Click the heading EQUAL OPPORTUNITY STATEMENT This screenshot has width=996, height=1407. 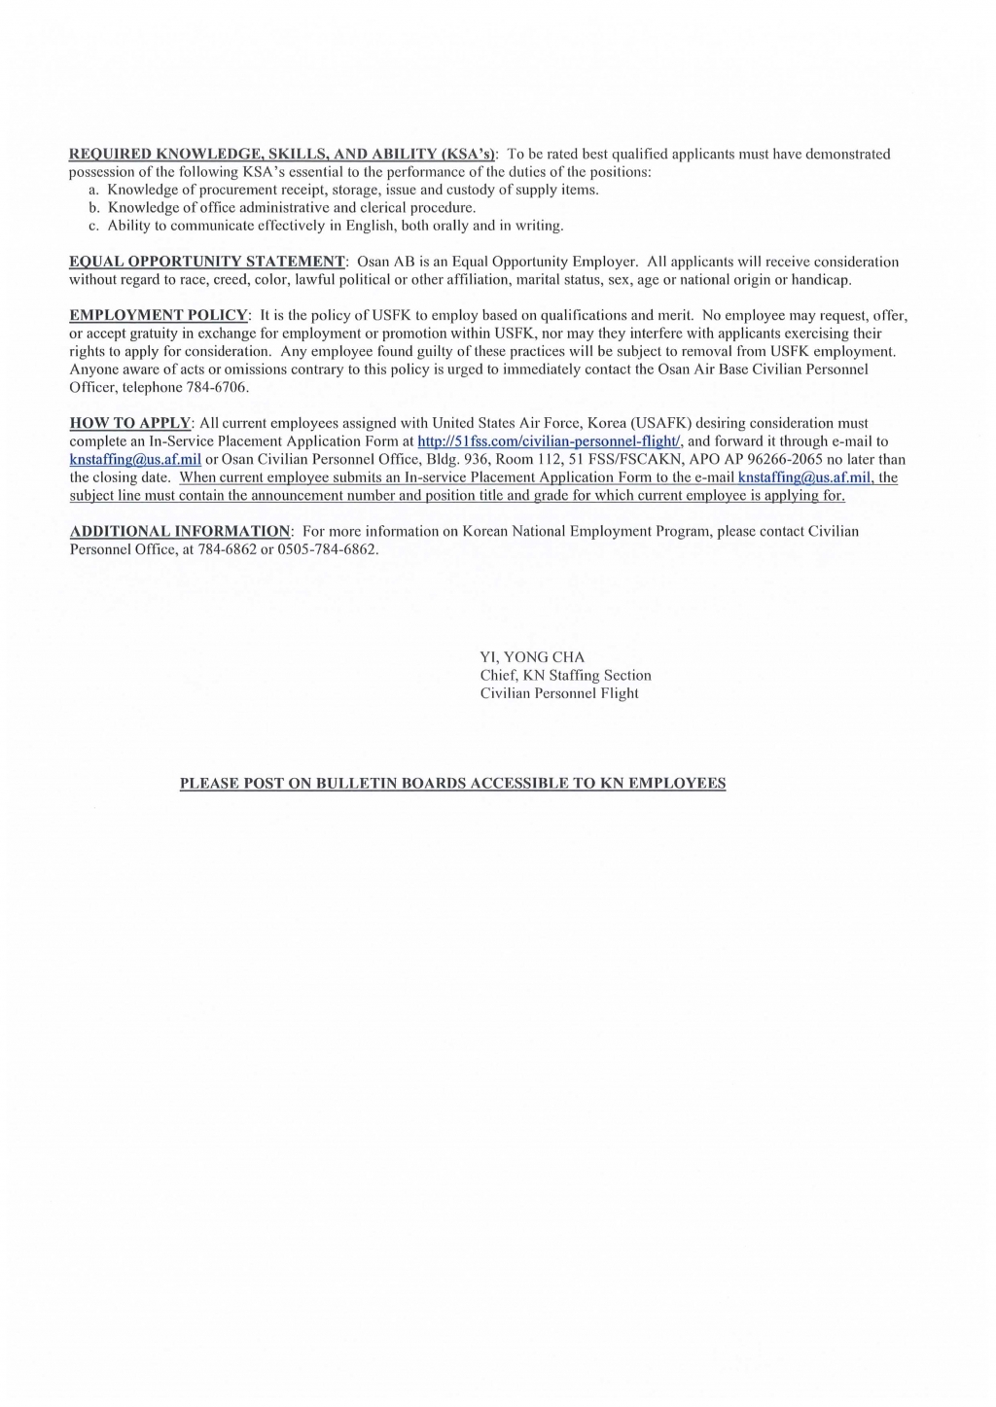coord(207,262)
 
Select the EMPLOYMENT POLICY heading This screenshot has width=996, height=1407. coord(160,315)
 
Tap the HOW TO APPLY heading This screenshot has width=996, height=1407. coord(130,423)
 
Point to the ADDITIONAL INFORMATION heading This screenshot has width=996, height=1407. coord(180,531)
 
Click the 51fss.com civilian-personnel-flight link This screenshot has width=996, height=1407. coord(550,441)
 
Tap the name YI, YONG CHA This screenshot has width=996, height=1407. coord(532,657)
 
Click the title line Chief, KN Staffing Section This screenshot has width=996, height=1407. coord(565,675)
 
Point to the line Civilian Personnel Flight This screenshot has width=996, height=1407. coord(559,693)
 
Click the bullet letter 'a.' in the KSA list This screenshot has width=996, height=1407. coord(93,190)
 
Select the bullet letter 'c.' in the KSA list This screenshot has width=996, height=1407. coord(93,226)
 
